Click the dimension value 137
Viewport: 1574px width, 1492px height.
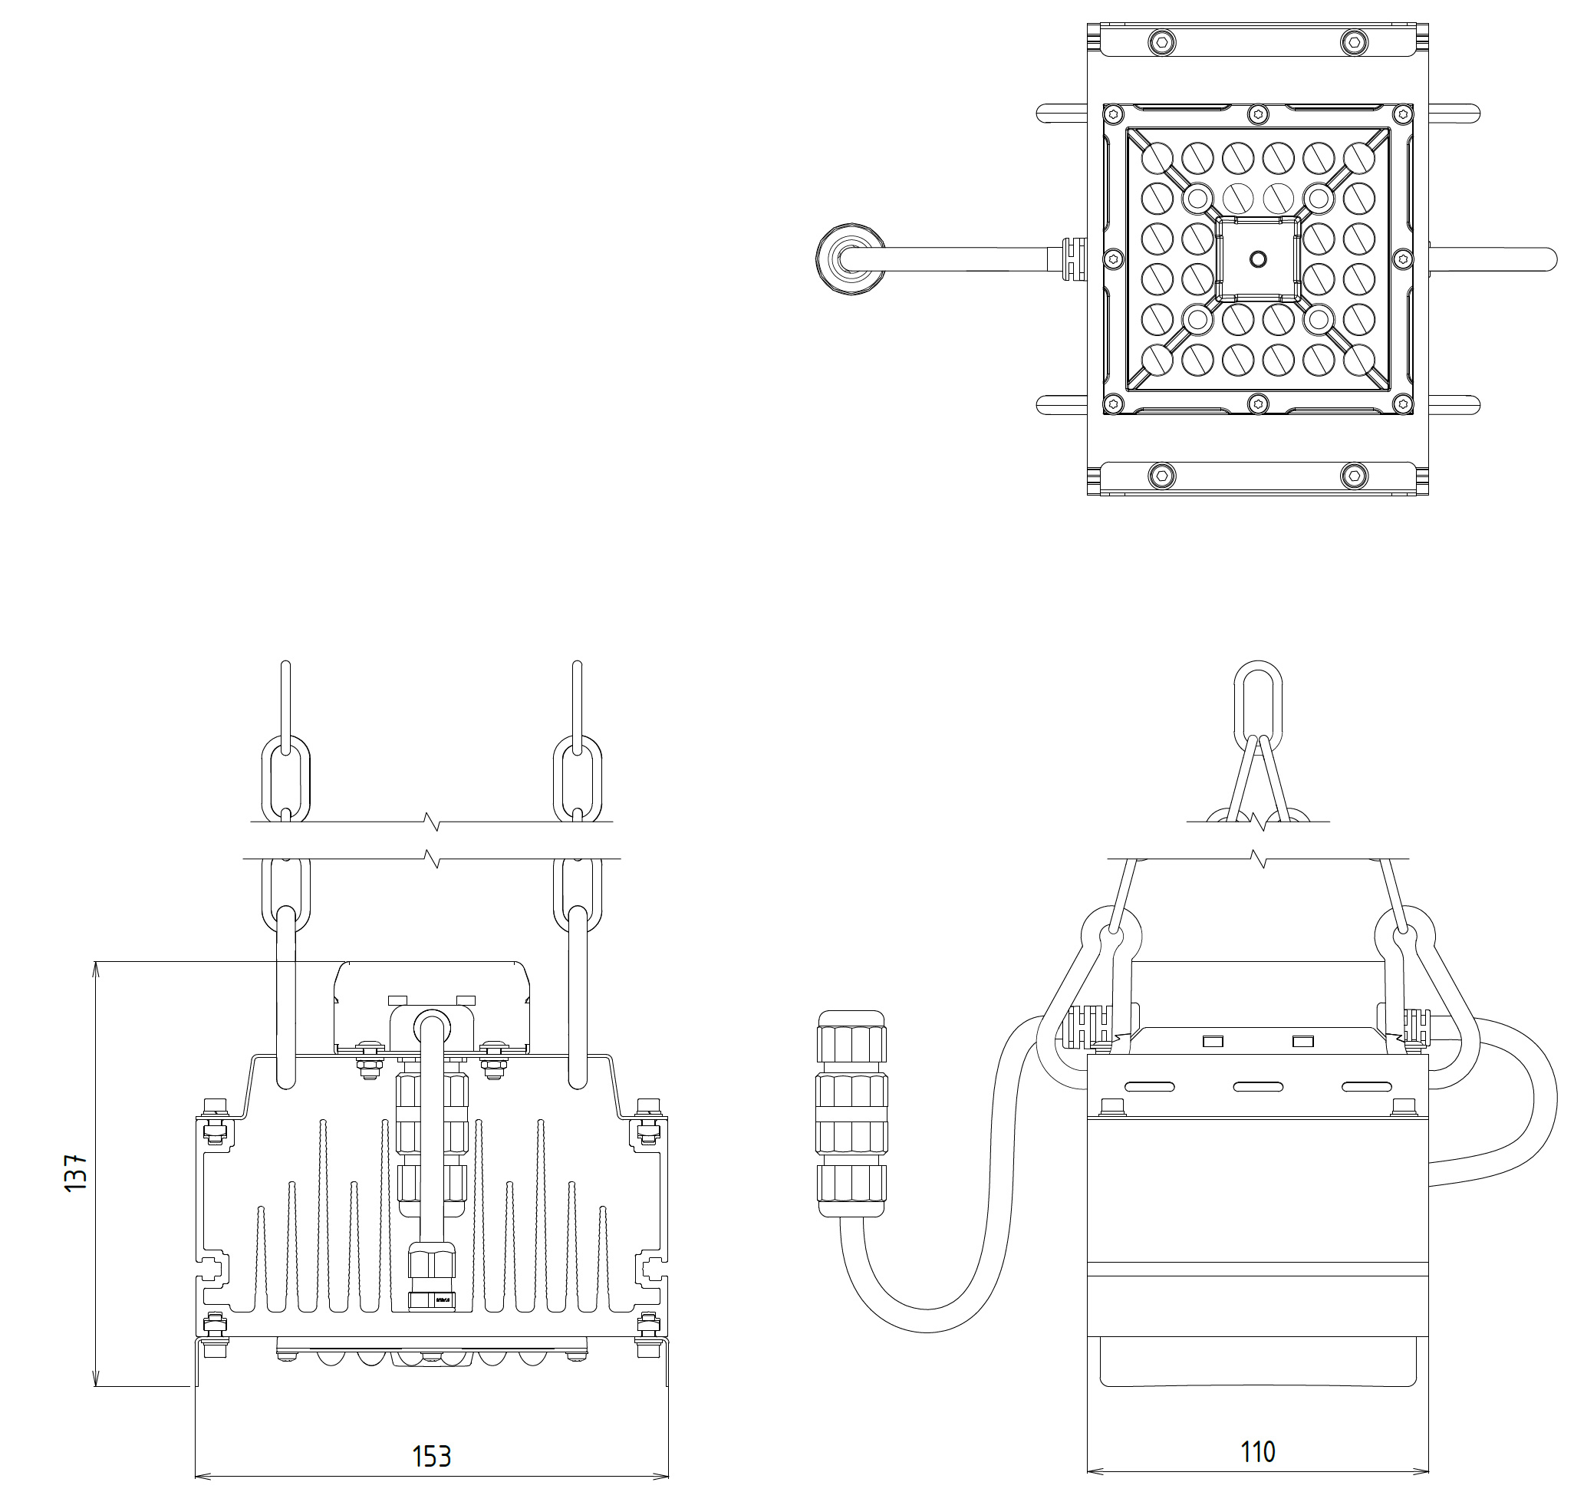[x=77, y=1172]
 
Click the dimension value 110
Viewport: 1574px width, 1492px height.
[x=1257, y=1451]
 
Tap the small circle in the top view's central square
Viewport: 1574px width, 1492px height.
[x=1257, y=259]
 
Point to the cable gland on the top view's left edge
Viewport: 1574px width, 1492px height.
[x=1072, y=259]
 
